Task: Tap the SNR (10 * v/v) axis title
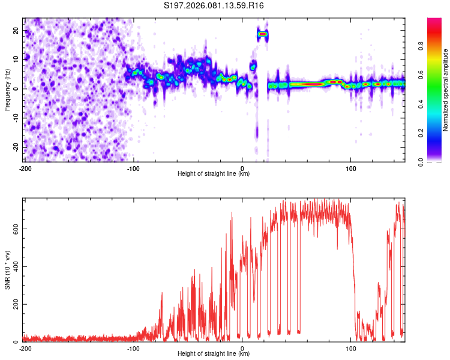pyautogui.click(x=7, y=270)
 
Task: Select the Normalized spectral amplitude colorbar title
pyautogui.click(x=445, y=90)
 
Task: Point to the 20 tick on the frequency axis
pyautogui.click(x=16, y=30)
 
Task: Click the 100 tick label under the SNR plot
pyautogui.click(x=351, y=349)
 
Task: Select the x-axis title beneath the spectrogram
pyautogui.click(x=214, y=174)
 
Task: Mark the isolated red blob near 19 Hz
pyautogui.click(x=262, y=34)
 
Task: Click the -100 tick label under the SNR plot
pyautogui.click(x=133, y=349)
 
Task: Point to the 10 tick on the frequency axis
pyautogui.click(x=16, y=59)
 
